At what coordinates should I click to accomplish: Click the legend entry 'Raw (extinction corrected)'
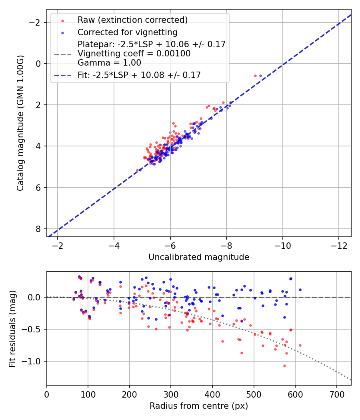click(x=132, y=20)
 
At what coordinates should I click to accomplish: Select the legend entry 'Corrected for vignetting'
click(x=128, y=32)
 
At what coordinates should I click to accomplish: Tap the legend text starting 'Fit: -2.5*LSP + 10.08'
click(x=139, y=75)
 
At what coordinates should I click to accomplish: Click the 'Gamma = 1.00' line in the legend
click(x=109, y=62)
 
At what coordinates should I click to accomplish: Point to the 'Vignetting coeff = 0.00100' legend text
click(x=134, y=53)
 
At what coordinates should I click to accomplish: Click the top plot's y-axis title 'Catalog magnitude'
click(x=21, y=123)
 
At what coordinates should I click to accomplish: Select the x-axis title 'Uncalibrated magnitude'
click(x=199, y=257)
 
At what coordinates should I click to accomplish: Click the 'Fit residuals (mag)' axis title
click(x=12, y=328)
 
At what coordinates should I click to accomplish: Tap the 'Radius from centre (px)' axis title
click(x=199, y=406)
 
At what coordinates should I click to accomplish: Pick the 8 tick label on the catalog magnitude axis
click(x=38, y=229)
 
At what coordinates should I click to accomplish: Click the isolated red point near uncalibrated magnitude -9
click(x=255, y=76)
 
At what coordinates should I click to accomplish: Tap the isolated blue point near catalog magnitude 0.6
click(x=260, y=76)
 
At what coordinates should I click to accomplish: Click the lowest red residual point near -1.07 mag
click(x=284, y=366)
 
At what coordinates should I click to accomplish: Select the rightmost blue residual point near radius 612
click(x=300, y=290)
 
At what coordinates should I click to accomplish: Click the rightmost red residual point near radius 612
click(x=300, y=345)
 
